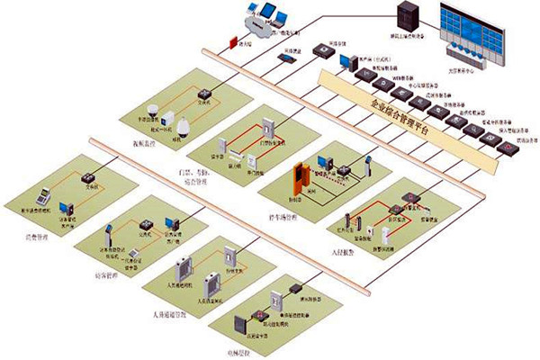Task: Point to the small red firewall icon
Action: pos(234,42)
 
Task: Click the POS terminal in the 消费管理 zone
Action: pos(41,194)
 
